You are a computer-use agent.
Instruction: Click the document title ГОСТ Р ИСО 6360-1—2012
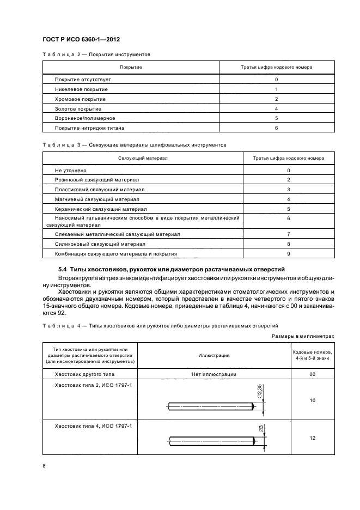81,39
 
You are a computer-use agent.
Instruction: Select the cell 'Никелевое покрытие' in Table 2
81,89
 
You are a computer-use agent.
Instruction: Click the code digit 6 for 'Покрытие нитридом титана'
277,128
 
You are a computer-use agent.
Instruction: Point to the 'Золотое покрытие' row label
78,109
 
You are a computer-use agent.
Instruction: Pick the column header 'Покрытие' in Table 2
131,67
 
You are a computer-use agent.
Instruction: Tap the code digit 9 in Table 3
288,254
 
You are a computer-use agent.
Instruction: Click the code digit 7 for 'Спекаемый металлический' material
288,234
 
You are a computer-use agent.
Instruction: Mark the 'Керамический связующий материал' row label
101,209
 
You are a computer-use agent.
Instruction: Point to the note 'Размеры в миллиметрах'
303,337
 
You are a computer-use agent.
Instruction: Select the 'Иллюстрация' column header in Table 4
213,355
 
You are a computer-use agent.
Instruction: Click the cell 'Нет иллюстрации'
213,375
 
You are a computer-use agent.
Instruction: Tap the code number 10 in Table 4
313,400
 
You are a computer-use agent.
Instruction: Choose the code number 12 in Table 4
313,438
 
